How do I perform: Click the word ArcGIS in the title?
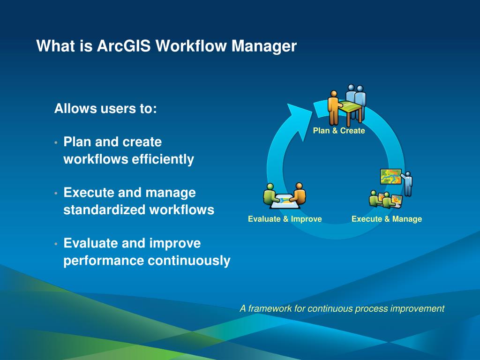click(124, 46)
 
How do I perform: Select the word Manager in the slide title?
click(264, 46)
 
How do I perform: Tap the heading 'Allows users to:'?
click(105, 108)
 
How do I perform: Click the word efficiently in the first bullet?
click(163, 159)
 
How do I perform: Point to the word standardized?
click(105, 210)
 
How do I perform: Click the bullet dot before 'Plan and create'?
click(56, 142)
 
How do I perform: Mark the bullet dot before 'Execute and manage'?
click(56, 193)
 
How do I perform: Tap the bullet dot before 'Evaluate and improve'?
click(56, 244)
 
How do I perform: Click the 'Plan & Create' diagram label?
click(339, 131)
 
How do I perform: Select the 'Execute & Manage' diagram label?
click(387, 219)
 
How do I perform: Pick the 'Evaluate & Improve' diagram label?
click(285, 219)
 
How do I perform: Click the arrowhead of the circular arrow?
click(299, 120)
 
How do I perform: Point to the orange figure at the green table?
click(334, 107)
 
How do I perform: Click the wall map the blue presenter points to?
click(390, 176)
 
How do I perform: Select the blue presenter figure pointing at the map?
click(407, 184)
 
